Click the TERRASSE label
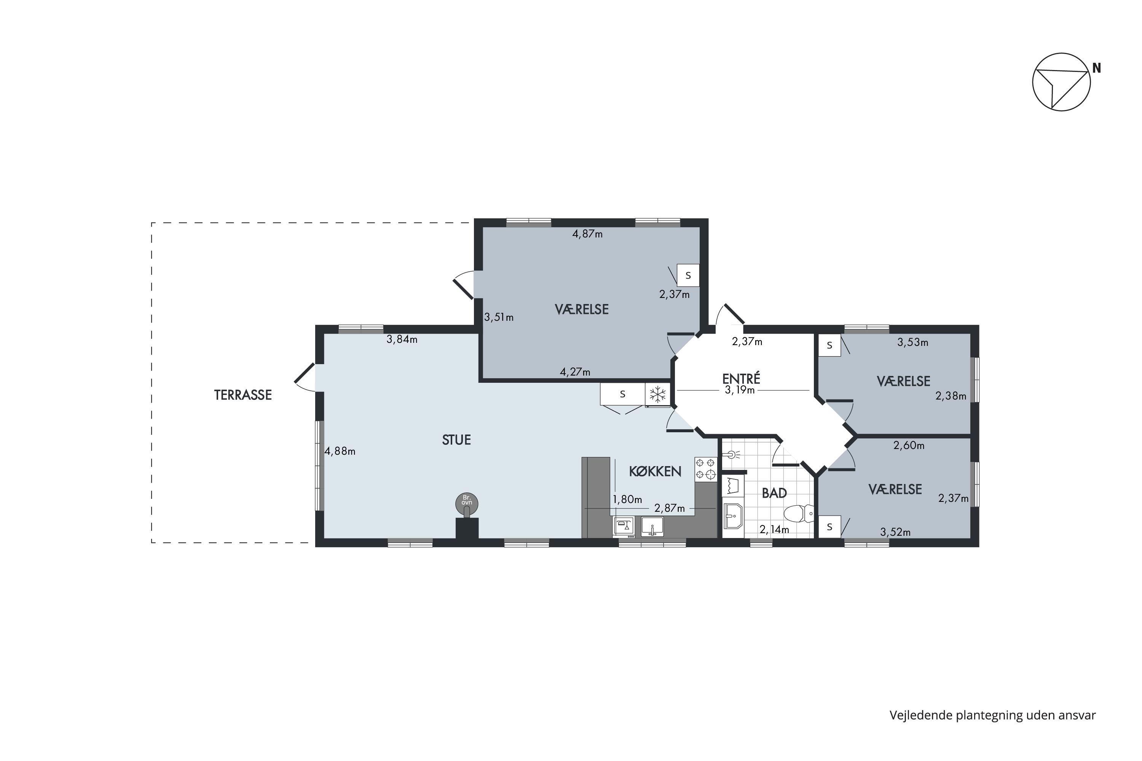(243, 395)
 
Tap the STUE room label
(456, 440)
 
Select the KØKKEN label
(655, 471)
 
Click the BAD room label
(774, 493)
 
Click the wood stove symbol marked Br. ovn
(467, 504)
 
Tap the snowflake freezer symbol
(657, 394)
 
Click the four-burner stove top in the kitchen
(705, 469)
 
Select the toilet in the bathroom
(799, 513)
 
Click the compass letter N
(1096, 68)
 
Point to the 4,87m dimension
(587, 234)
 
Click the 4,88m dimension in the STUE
(340, 451)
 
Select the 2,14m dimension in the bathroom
(774, 530)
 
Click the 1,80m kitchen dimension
(627, 499)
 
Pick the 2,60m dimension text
(909, 445)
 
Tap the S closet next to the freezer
(622, 394)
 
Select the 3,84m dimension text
(402, 339)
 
